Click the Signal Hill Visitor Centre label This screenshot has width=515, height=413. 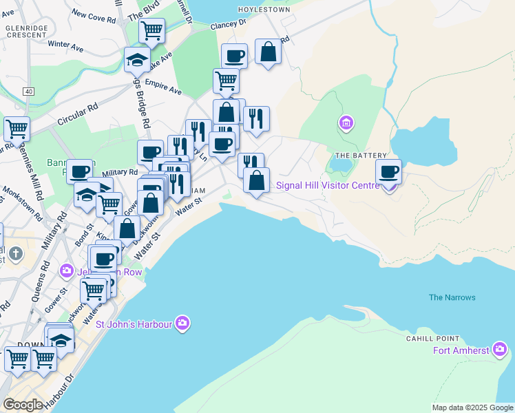coord(327,186)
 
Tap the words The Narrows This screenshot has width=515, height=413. coord(452,297)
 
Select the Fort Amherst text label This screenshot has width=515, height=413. coord(461,350)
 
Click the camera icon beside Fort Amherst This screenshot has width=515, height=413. coord(500,350)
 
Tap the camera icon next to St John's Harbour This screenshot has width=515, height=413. coord(182,323)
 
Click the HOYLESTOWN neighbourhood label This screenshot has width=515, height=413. coord(265,10)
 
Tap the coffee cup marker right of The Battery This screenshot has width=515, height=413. coord(389,171)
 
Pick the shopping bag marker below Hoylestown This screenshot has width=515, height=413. coord(268,52)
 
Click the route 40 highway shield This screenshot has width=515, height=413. coord(28,92)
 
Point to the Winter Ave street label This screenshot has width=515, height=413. coord(65,46)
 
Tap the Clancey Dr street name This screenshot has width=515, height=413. coord(228,25)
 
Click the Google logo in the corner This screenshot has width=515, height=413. coord(23,405)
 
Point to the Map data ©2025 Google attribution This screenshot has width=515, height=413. coord(472,407)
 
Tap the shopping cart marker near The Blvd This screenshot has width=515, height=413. coord(151,31)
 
